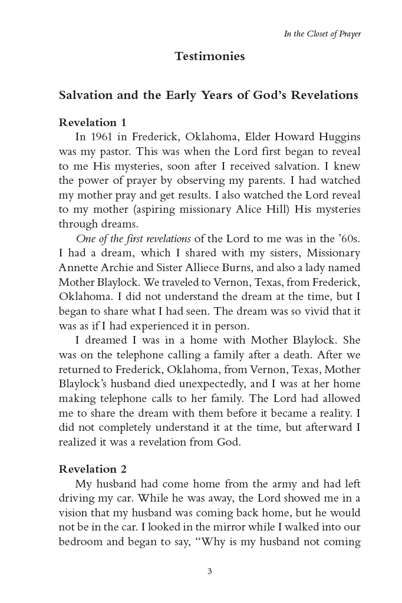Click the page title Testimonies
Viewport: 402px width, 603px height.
(209, 57)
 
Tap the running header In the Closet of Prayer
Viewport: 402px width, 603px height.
(322, 34)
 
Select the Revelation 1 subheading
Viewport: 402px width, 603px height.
(93, 123)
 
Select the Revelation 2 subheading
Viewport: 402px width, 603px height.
(93, 469)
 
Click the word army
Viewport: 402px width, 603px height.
(296, 483)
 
